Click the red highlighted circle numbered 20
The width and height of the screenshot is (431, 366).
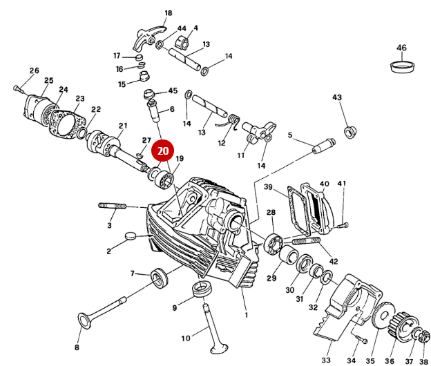[x=163, y=151]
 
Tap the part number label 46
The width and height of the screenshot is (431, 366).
[x=401, y=48]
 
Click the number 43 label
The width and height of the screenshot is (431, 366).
[x=337, y=98]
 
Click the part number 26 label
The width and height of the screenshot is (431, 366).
[x=34, y=70]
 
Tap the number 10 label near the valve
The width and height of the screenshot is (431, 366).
[x=185, y=338]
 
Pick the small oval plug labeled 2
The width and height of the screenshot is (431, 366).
[x=133, y=236]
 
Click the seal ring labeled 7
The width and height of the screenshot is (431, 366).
[x=162, y=278]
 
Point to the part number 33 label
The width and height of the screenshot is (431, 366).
[x=327, y=360]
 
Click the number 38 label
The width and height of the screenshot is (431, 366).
[x=423, y=361]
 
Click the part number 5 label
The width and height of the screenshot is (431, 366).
[x=290, y=135]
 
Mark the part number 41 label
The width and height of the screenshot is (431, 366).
[x=341, y=183]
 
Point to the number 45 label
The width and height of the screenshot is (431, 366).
[x=173, y=91]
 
